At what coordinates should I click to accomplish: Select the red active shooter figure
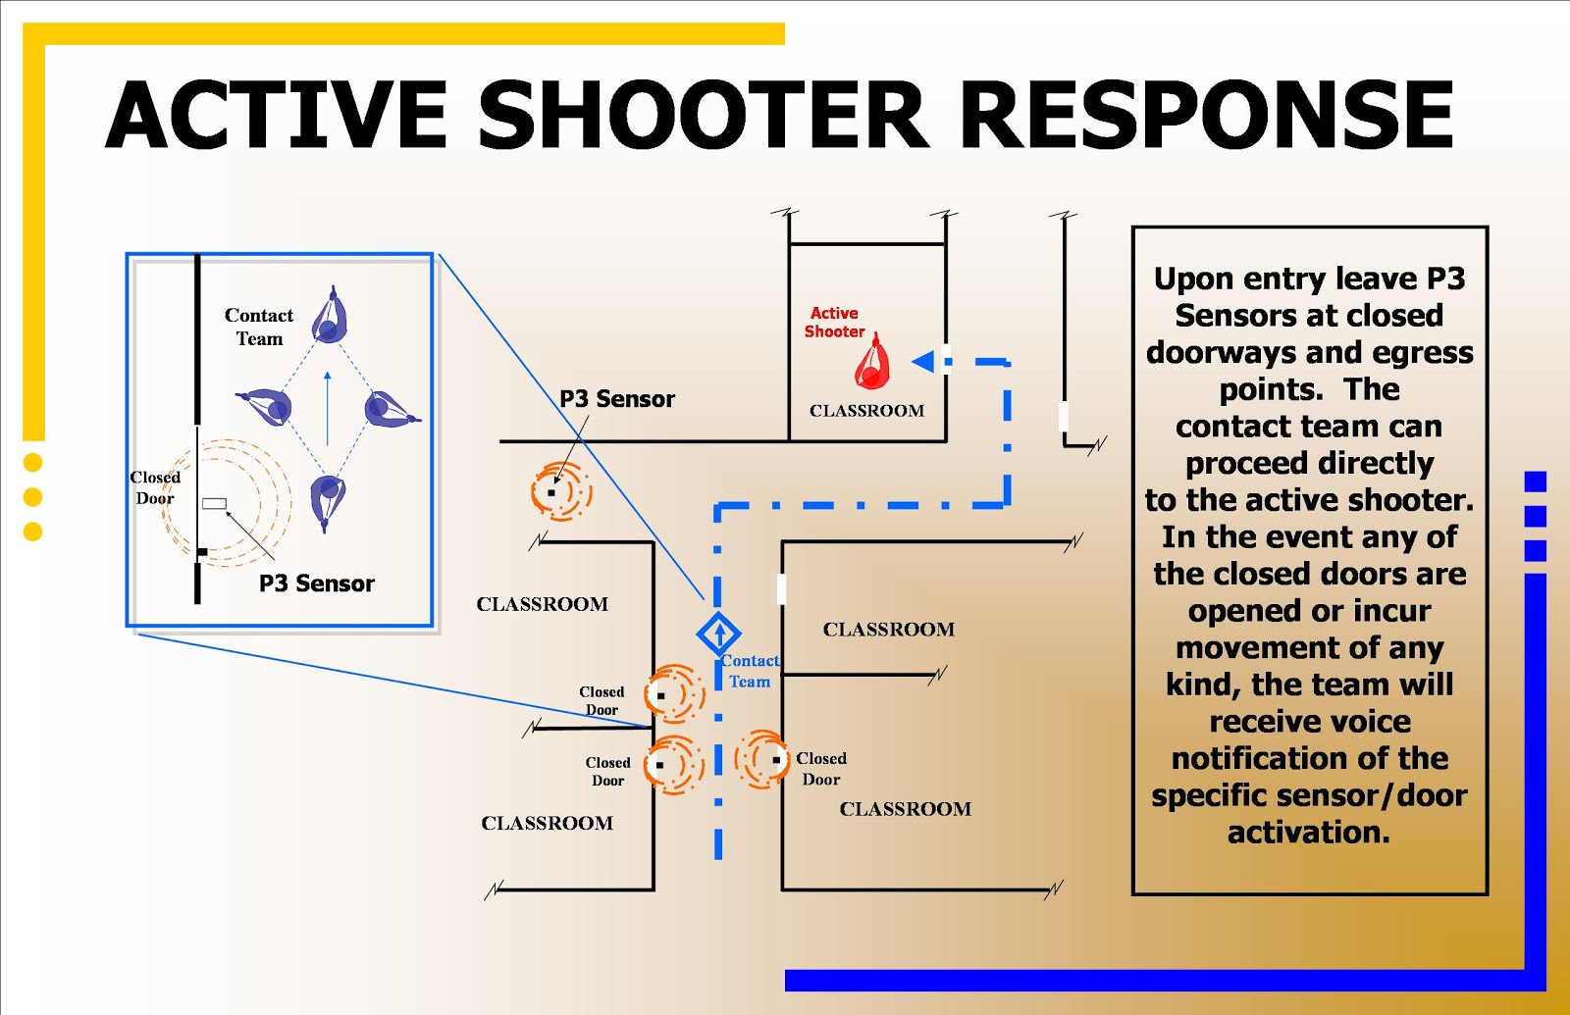871,364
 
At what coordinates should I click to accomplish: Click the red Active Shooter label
834,322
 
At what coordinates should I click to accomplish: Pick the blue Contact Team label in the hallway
751,671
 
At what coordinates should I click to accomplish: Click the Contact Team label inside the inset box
259,327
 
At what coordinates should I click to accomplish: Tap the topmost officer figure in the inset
330,316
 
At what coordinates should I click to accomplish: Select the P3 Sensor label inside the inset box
317,584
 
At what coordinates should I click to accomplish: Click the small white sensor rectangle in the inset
214,503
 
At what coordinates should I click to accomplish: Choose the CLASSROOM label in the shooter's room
866,411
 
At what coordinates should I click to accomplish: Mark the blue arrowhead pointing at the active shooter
922,362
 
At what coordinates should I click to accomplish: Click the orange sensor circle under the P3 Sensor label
560,490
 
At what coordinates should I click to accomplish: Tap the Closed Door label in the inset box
155,487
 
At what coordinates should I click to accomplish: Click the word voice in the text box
1360,722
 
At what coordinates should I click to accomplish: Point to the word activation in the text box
1309,833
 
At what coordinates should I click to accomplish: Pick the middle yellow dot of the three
32,497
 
